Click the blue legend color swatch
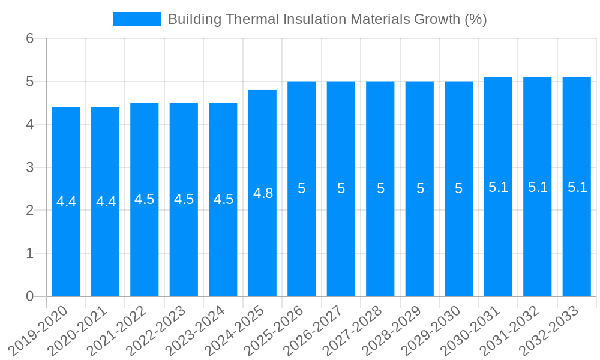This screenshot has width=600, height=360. point(137,19)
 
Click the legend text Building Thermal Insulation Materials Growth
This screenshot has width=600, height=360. point(327,19)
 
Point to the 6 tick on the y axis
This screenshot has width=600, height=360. point(29,38)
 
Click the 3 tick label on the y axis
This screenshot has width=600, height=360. point(29,167)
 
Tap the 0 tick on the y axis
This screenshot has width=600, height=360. point(29,296)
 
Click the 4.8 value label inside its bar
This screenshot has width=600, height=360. point(263,193)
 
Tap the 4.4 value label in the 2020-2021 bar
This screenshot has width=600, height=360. point(106,202)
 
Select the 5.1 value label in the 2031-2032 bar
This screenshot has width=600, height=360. point(538,187)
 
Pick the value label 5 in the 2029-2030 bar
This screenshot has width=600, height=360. point(459,188)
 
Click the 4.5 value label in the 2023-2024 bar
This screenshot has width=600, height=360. point(223,199)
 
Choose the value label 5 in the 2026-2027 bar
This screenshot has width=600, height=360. point(341,188)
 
